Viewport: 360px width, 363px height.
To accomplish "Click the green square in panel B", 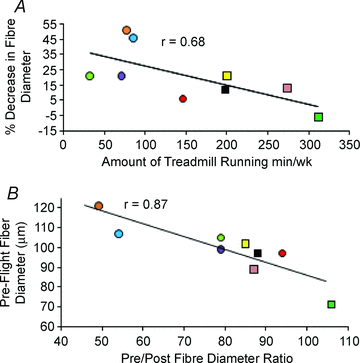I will point(331,304).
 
